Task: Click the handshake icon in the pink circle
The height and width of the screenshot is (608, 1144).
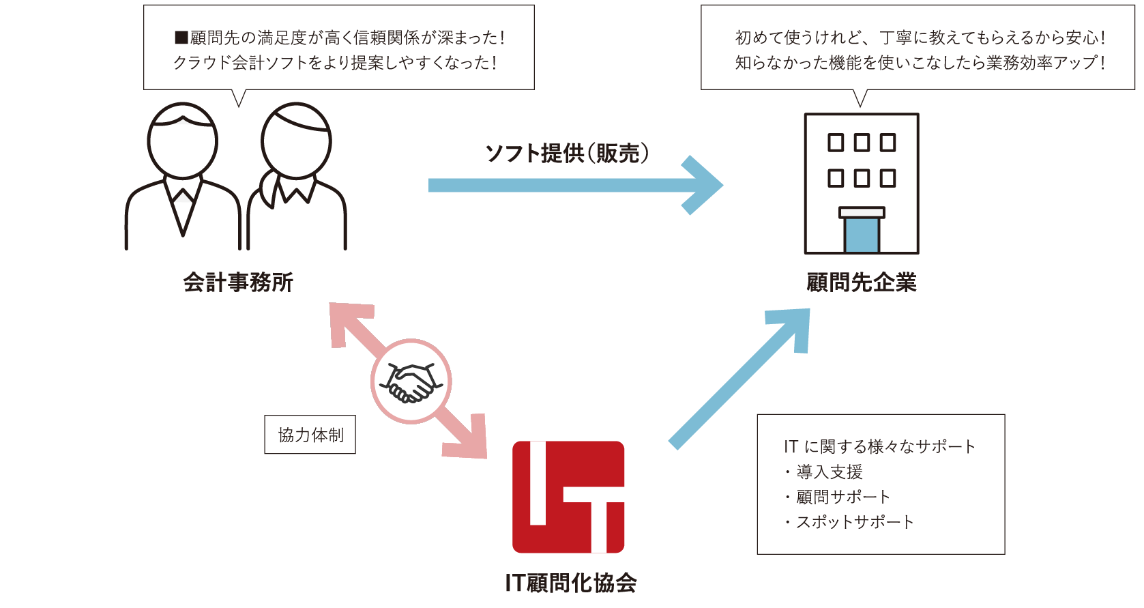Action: (411, 382)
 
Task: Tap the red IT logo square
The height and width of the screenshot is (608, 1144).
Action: (568, 497)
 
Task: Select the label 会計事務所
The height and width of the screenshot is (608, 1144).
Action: (238, 282)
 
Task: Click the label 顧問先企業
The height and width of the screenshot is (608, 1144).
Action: (861, 282)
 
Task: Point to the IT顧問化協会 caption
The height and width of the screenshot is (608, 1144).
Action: (571, 583)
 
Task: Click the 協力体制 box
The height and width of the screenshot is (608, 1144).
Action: (310, 435)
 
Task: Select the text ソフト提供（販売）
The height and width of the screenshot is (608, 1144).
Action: (567, 153)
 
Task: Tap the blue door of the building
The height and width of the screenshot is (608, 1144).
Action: (862, 235)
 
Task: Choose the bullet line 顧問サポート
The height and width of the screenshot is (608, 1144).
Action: (842, 497)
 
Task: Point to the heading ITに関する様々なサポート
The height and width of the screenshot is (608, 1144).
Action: (879, 446)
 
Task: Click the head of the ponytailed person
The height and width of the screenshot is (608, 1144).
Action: (296, 141)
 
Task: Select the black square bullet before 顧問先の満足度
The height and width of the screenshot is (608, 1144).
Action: (181, 38)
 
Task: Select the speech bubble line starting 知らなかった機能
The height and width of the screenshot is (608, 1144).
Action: (920, 63)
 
